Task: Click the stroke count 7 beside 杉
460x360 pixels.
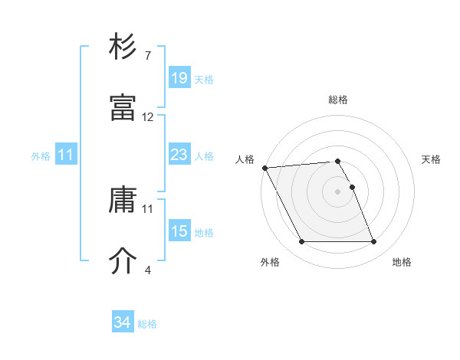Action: [x=147, y=55]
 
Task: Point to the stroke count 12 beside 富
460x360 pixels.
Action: [x=148, y=117]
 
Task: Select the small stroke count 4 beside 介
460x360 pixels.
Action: [x=147, y=270]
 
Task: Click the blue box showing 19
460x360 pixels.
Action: [x=179, y=77]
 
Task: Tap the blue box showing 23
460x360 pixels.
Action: [x=179, y=155]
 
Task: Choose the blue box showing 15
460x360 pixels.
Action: [x=179, y=231]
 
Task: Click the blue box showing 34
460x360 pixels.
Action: [x=123, y=322]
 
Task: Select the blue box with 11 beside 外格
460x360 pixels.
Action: [x=66, y=155]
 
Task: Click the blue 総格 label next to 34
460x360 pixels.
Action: [x=147, y=324]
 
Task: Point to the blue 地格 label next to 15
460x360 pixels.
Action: [x=204, y=232]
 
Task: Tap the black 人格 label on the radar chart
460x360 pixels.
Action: [x=245, y=159]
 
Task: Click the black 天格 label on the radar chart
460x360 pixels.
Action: [x=431, y=159]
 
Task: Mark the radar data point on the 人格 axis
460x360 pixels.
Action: [x=264, y=168]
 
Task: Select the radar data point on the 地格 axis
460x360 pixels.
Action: [x=373, y=242]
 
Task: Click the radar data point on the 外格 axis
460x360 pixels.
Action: [x=301, y=242]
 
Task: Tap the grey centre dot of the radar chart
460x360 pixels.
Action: [x=337, y=191]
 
